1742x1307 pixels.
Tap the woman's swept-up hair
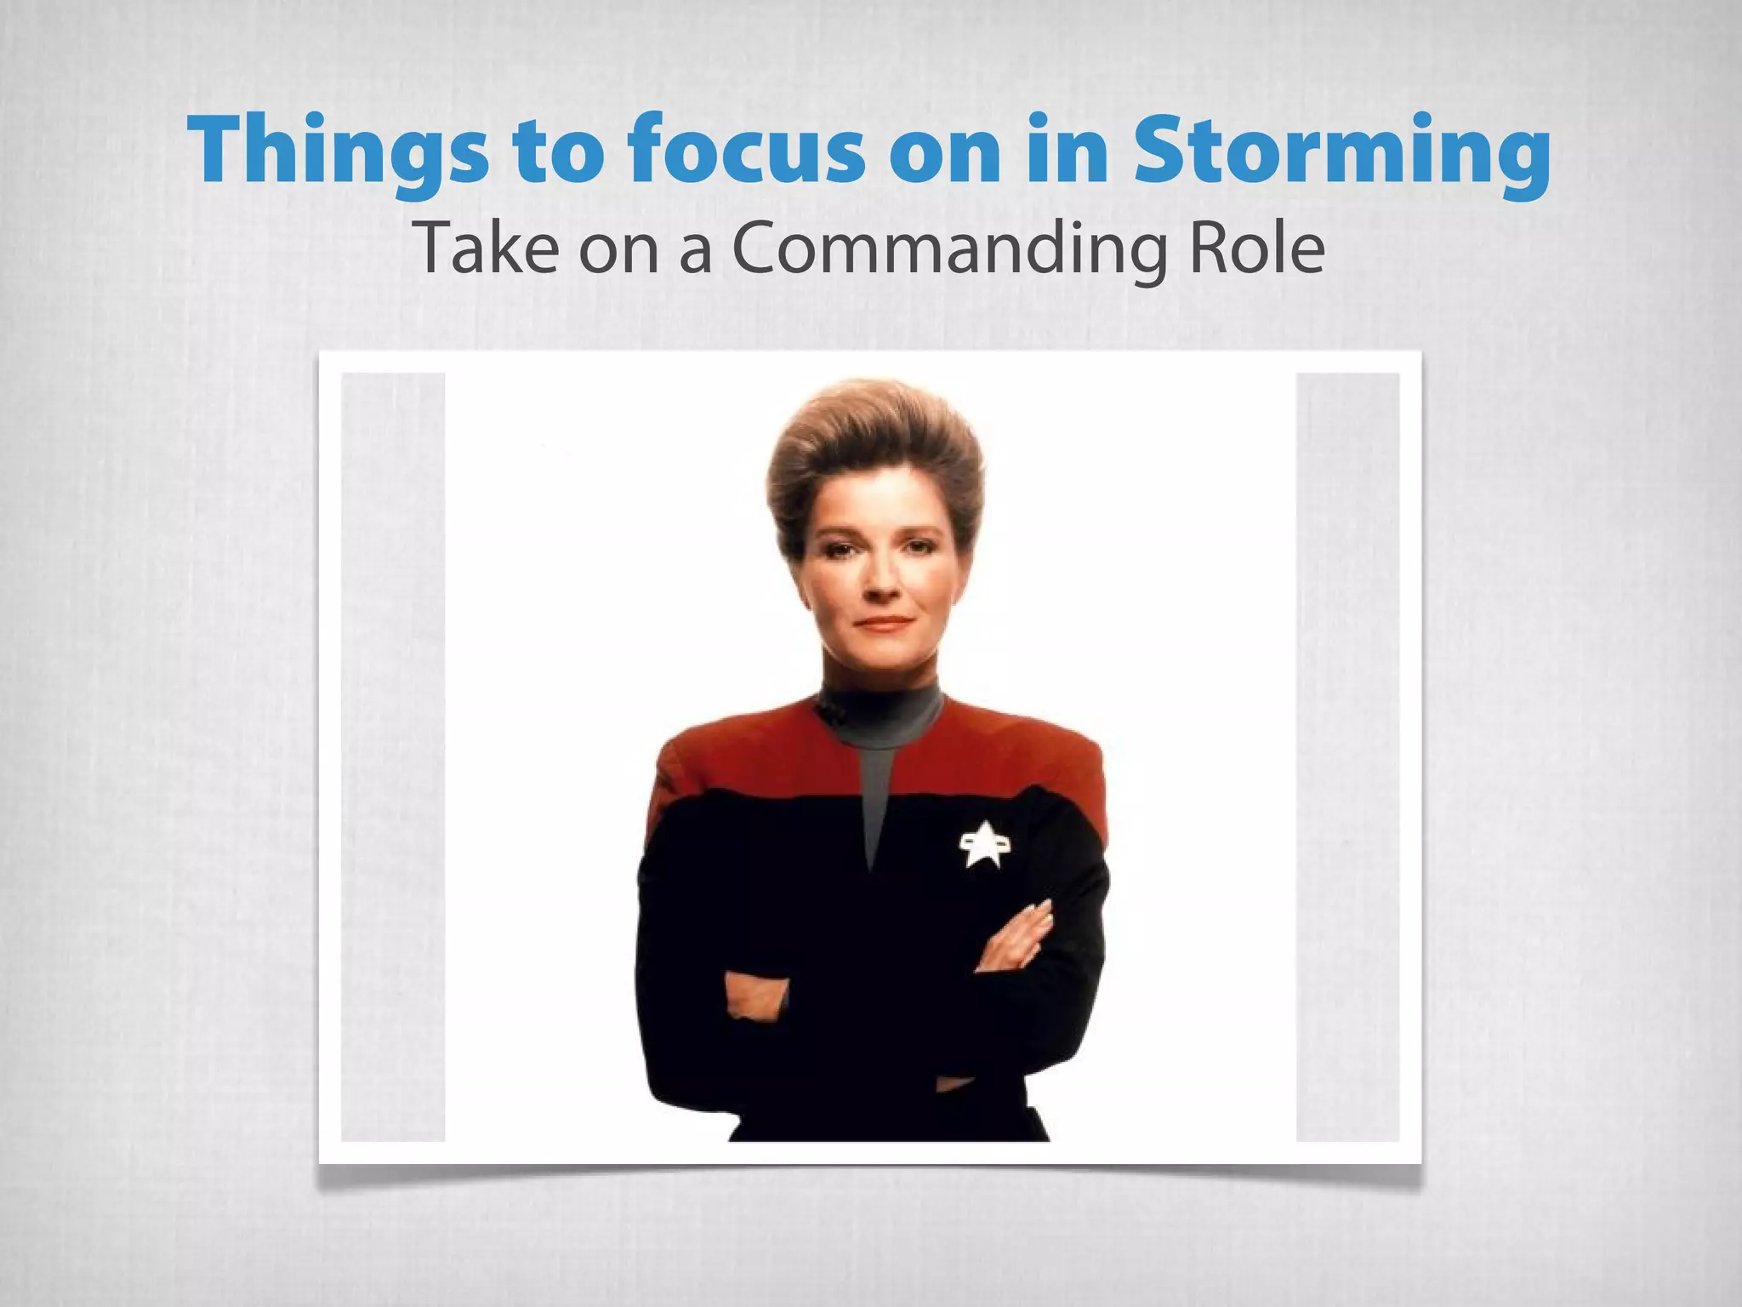pyautogui.click(x=876, y=451)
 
